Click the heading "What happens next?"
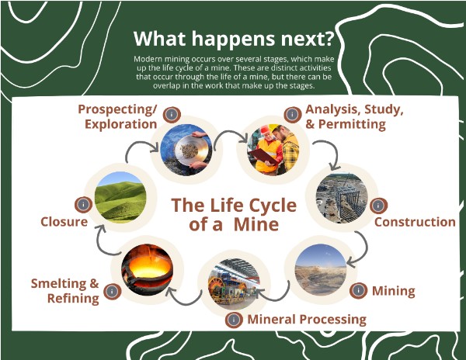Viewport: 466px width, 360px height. [232, 38]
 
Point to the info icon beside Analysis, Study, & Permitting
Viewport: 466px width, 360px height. [292, 114]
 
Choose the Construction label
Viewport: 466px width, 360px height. [415, 222]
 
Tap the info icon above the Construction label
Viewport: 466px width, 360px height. [377, 206]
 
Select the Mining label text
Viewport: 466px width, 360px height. [393, 292]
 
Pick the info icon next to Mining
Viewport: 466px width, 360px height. [358, 291]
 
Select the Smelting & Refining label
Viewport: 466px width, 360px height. [65, 290]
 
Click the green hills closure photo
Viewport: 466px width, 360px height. [120, 197]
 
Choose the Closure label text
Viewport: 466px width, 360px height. [64, 222]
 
